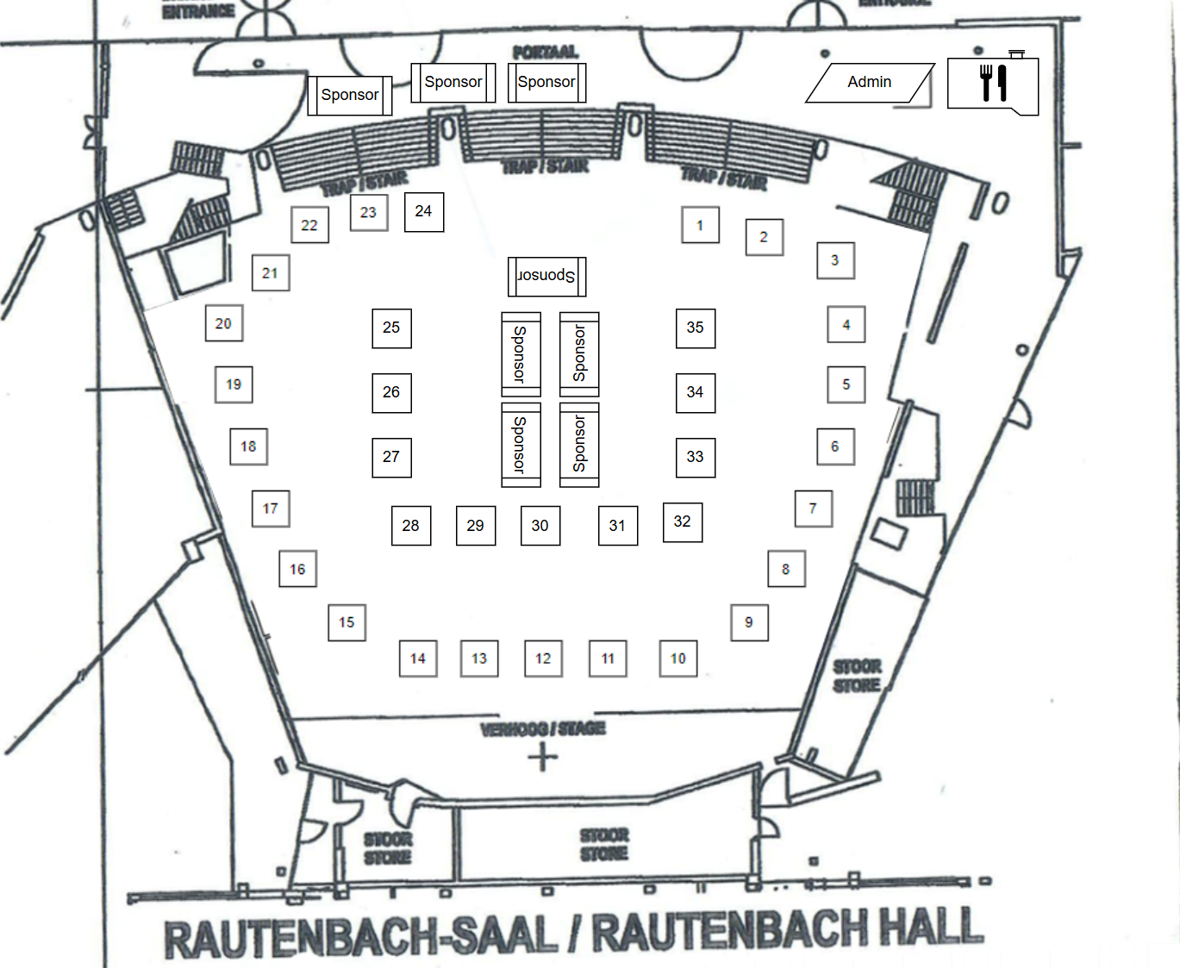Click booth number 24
click(424, 212)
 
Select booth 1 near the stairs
click(700, 225)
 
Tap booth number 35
click(695, 328)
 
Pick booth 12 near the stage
click(543, 659)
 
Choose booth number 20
click(224, 323)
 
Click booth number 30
click(540, 525)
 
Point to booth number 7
click(813, 509)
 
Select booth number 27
click(391, 457)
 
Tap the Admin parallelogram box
click(869, 83)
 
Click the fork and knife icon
click(993, 84)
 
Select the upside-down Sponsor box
click(546, 276)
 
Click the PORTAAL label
click(545, 53)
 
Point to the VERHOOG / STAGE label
click(543, 729)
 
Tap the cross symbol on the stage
click(543, 758)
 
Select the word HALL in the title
click(931, 928)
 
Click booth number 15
click(347, 622)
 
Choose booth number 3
click(835, 260)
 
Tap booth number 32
click(683, 522)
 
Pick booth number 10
click(678, 659)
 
